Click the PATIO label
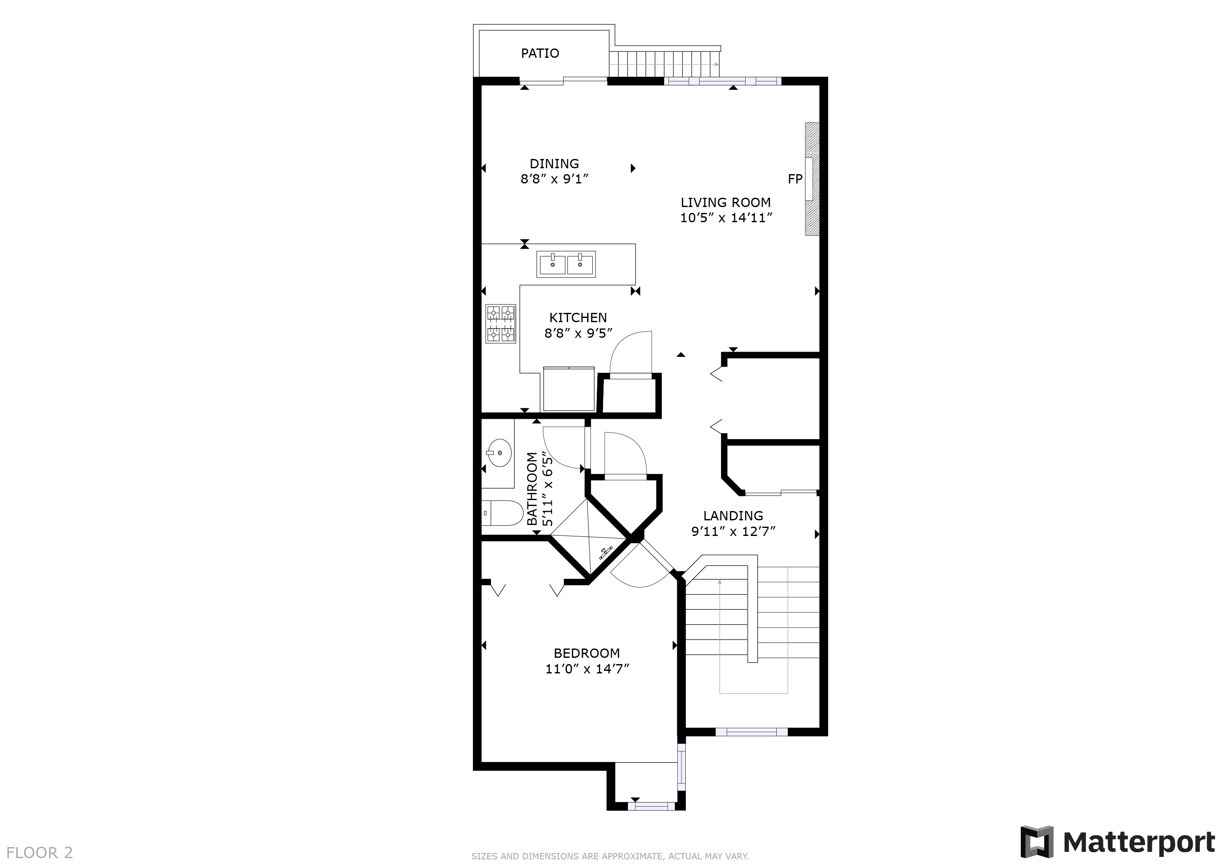(540, 53)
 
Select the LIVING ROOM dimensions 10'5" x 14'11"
(726, 218)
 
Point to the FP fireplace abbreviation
(794, 179)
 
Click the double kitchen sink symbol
(566, 264)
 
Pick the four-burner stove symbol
(500, 323)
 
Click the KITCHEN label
(577, 318)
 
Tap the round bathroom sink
(499, 453)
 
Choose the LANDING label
(733, 516)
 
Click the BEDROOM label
(587, 653)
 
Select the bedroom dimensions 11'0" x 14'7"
(587, 669)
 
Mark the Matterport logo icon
(1036, 842)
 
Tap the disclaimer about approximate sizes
(609, 856)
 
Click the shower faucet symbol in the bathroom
(605, 553)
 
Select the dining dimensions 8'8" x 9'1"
(554, 179)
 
